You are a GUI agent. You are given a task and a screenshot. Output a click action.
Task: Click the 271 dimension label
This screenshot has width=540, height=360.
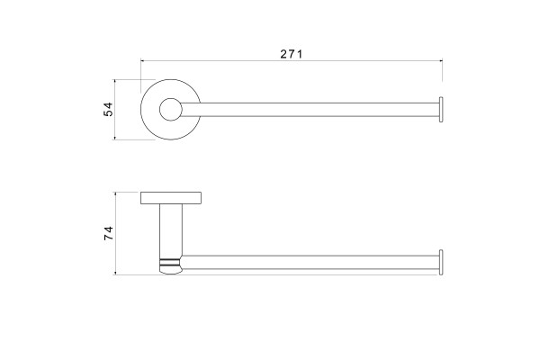point(291,54)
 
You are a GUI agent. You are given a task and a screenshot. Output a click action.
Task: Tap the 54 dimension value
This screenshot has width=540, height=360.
point(108,109)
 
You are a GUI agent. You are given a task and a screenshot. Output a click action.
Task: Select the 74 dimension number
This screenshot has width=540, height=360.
point(108,233)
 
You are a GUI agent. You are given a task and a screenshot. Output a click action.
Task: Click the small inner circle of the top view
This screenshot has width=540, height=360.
point(171,109)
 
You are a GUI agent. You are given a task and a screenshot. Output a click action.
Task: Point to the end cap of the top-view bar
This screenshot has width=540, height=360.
point(441,110)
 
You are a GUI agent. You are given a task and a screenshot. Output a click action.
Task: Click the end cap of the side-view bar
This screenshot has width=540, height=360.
point(441,262)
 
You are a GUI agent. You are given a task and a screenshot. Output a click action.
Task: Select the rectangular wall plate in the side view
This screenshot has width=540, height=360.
point(171,198)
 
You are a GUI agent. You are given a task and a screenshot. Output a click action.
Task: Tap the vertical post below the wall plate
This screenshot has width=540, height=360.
point(171,230)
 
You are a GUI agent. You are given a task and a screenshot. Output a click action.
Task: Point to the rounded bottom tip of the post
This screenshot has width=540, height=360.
point(170,272)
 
